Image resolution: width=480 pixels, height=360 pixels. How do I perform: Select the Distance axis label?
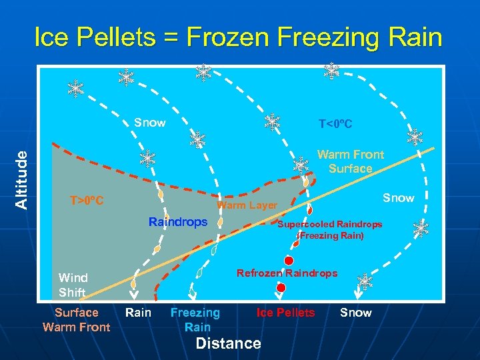click(228, 343)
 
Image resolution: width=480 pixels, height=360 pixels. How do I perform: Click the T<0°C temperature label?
click(335, 125)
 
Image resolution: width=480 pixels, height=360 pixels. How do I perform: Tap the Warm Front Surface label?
click(350, 161)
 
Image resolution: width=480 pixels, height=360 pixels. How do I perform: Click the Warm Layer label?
click(247, 205)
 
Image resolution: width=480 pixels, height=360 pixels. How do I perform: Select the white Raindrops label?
click(178, 222)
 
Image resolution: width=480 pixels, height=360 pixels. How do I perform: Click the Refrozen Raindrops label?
click(287, 273)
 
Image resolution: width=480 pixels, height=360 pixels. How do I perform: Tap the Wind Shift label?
click(73, 285)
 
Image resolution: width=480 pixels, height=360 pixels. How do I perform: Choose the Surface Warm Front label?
click(76, 319)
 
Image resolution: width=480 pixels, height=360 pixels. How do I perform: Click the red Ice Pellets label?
click(285, 312)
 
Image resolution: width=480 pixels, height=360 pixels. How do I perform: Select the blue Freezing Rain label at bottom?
click(195, 319)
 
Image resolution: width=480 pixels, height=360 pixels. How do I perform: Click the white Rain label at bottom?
click(138, 312)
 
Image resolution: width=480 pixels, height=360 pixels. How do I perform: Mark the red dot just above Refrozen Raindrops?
click(289, 260)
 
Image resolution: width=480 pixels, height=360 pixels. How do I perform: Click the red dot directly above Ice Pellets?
click(281, 287)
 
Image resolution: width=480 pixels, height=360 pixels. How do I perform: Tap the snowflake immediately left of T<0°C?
click(272, 121)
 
